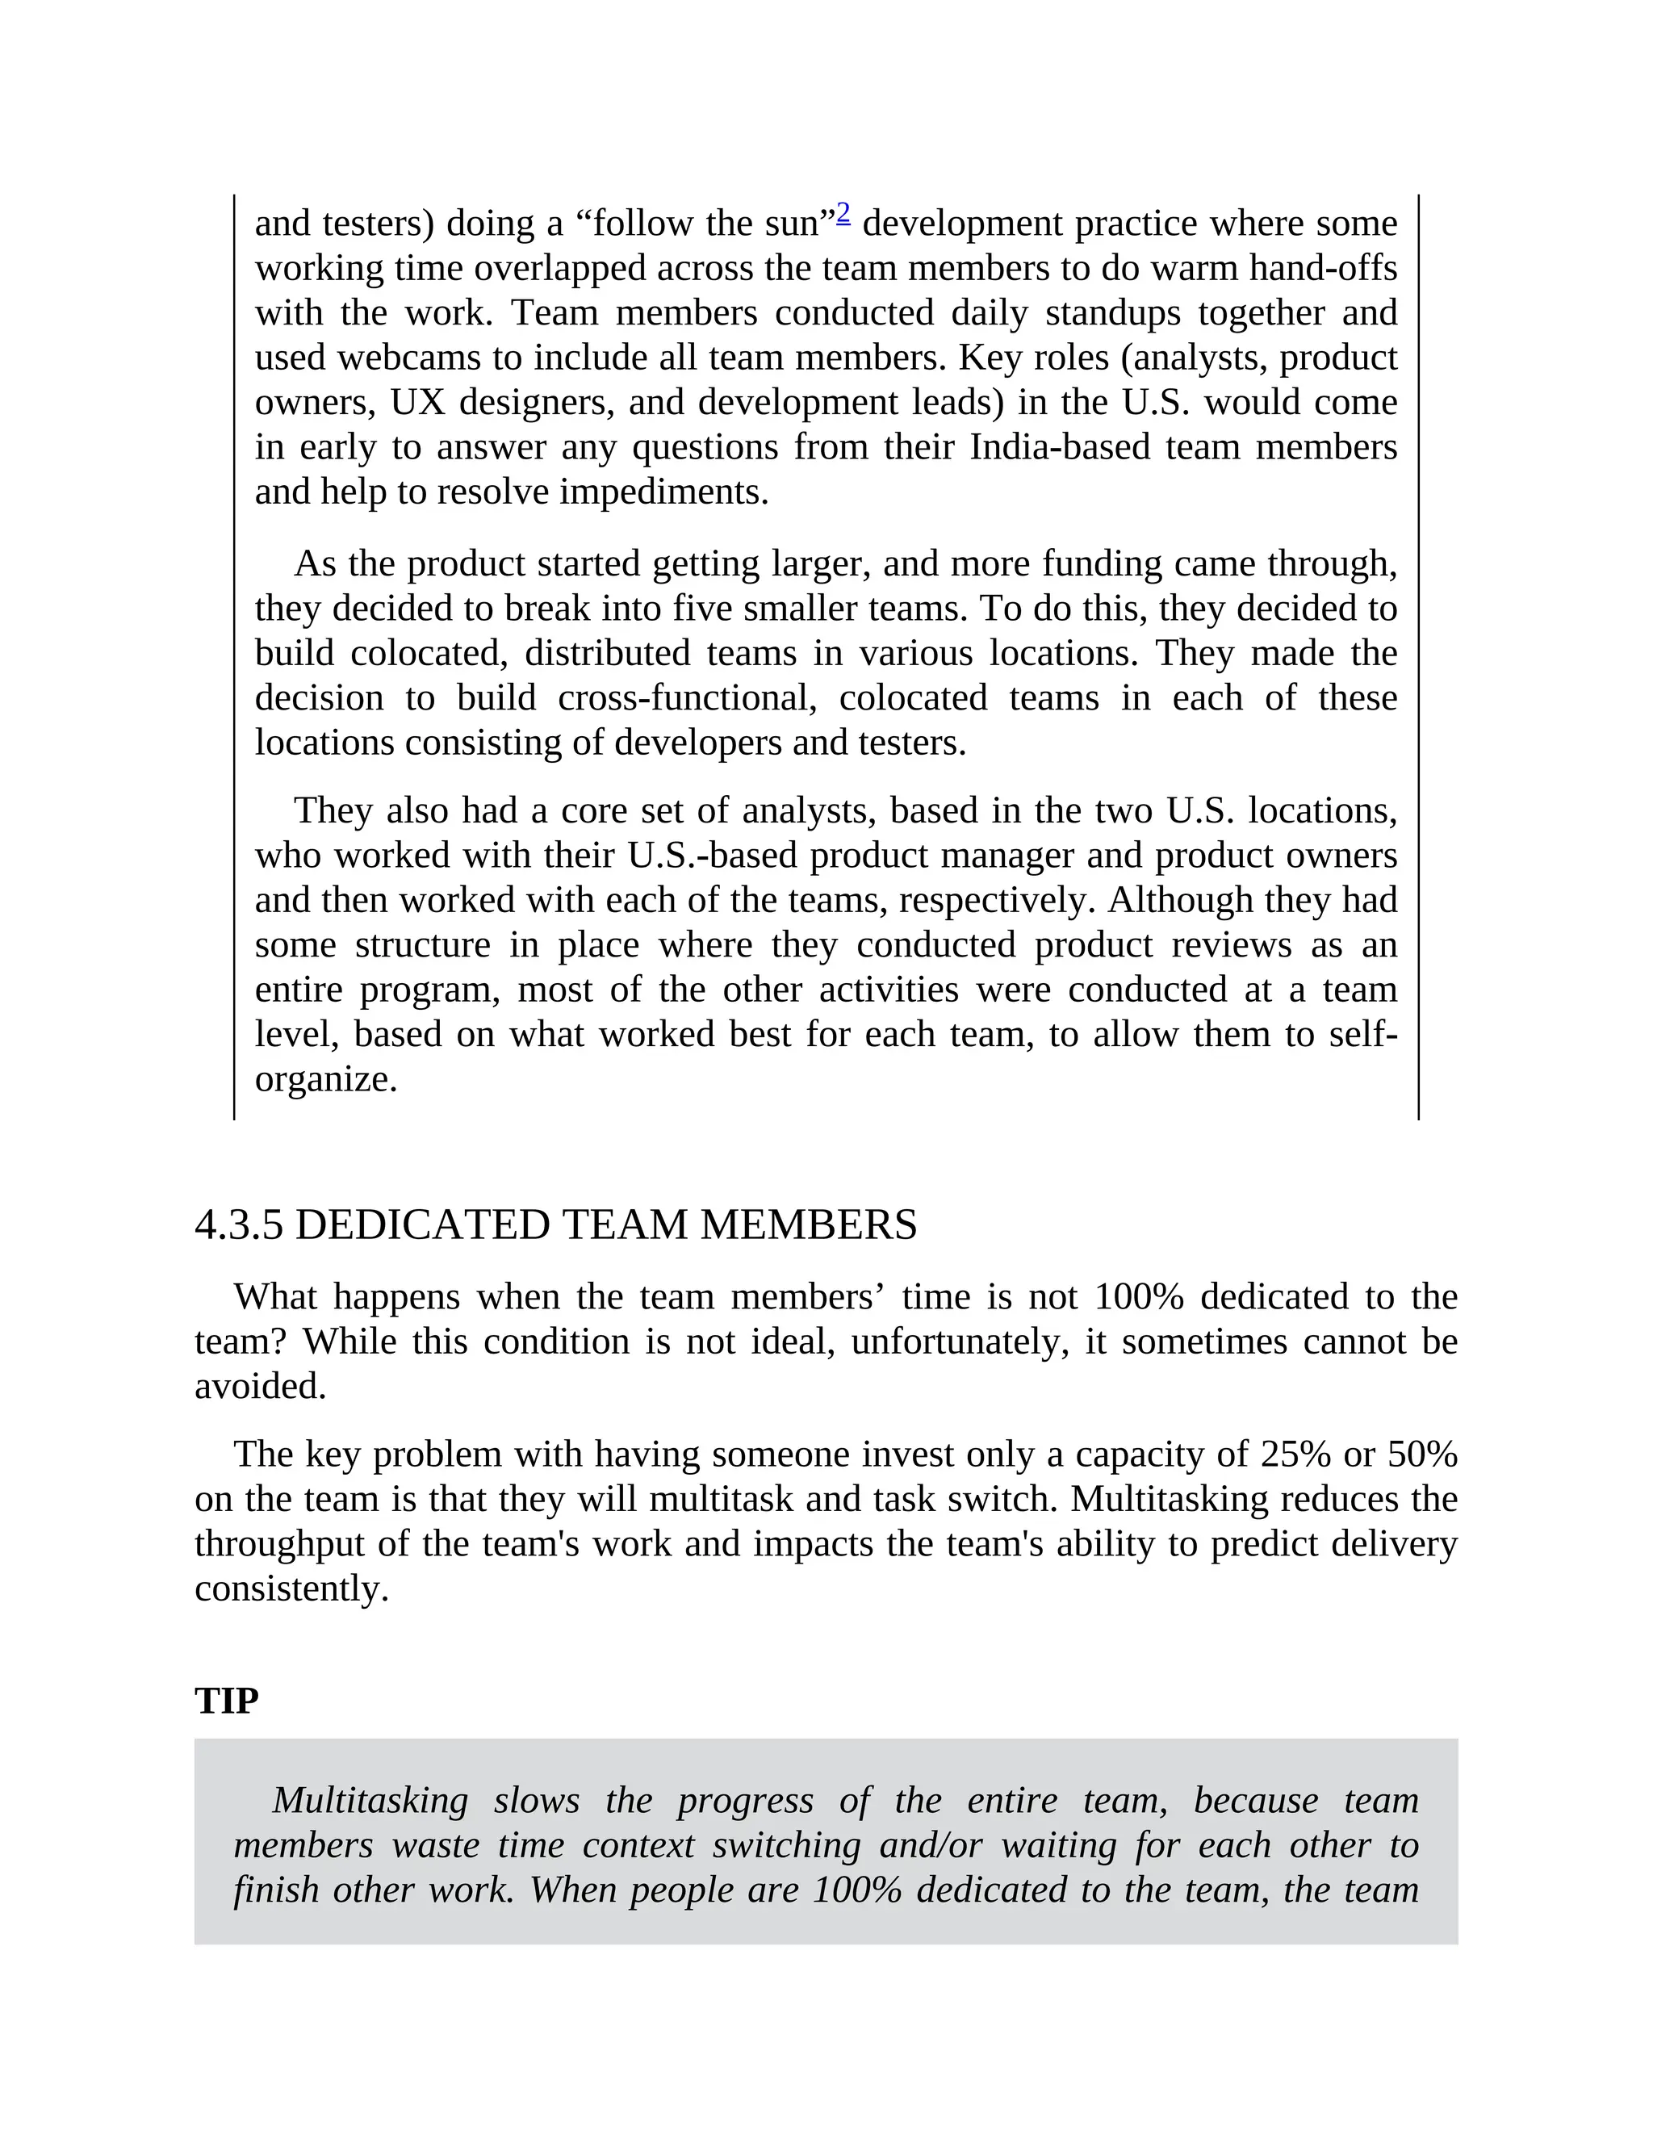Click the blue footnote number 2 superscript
842,212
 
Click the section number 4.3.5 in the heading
239,1225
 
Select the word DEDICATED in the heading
424,1225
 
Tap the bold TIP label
226,1702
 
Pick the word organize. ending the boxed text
326,1079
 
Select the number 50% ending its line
1423,1455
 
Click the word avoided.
260,1386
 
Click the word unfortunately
960,1342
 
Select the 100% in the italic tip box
856,1890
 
